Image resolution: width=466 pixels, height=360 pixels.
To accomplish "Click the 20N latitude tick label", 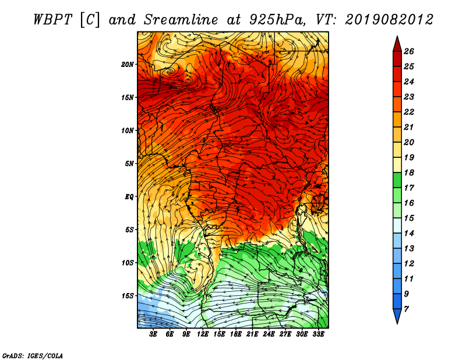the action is [127, 65].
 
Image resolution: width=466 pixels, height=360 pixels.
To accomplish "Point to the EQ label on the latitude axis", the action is [129, 197].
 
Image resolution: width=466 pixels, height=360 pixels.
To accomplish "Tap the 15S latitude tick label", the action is [127, 296].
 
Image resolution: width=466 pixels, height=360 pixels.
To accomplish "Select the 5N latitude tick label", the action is [129, 164].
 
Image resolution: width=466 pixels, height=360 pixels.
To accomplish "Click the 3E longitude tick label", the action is [153, 334].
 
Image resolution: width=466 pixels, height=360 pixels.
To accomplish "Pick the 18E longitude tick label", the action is [236, 334].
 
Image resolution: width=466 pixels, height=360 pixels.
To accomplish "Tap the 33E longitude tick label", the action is [318, 334].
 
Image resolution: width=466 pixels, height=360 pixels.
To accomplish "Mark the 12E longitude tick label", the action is [203, 334].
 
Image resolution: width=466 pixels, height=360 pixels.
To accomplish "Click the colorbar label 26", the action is [409, 51].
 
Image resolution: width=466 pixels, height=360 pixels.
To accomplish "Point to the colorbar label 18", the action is [409, 172].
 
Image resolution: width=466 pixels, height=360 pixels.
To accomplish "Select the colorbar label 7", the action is [406, 309].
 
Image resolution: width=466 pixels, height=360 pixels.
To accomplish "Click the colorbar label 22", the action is [409, 112].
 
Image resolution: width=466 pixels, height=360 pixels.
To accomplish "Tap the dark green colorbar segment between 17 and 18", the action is [397, 180].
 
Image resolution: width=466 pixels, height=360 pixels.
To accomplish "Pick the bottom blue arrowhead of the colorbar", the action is [397, 315].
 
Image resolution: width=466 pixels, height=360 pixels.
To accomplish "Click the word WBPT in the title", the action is [53, 20].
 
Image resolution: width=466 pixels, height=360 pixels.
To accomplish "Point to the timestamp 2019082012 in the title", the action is [389, 20].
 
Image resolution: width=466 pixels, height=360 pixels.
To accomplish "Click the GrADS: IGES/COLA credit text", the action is [33, 356].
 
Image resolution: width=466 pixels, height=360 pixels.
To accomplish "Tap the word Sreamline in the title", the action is [181, 20].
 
